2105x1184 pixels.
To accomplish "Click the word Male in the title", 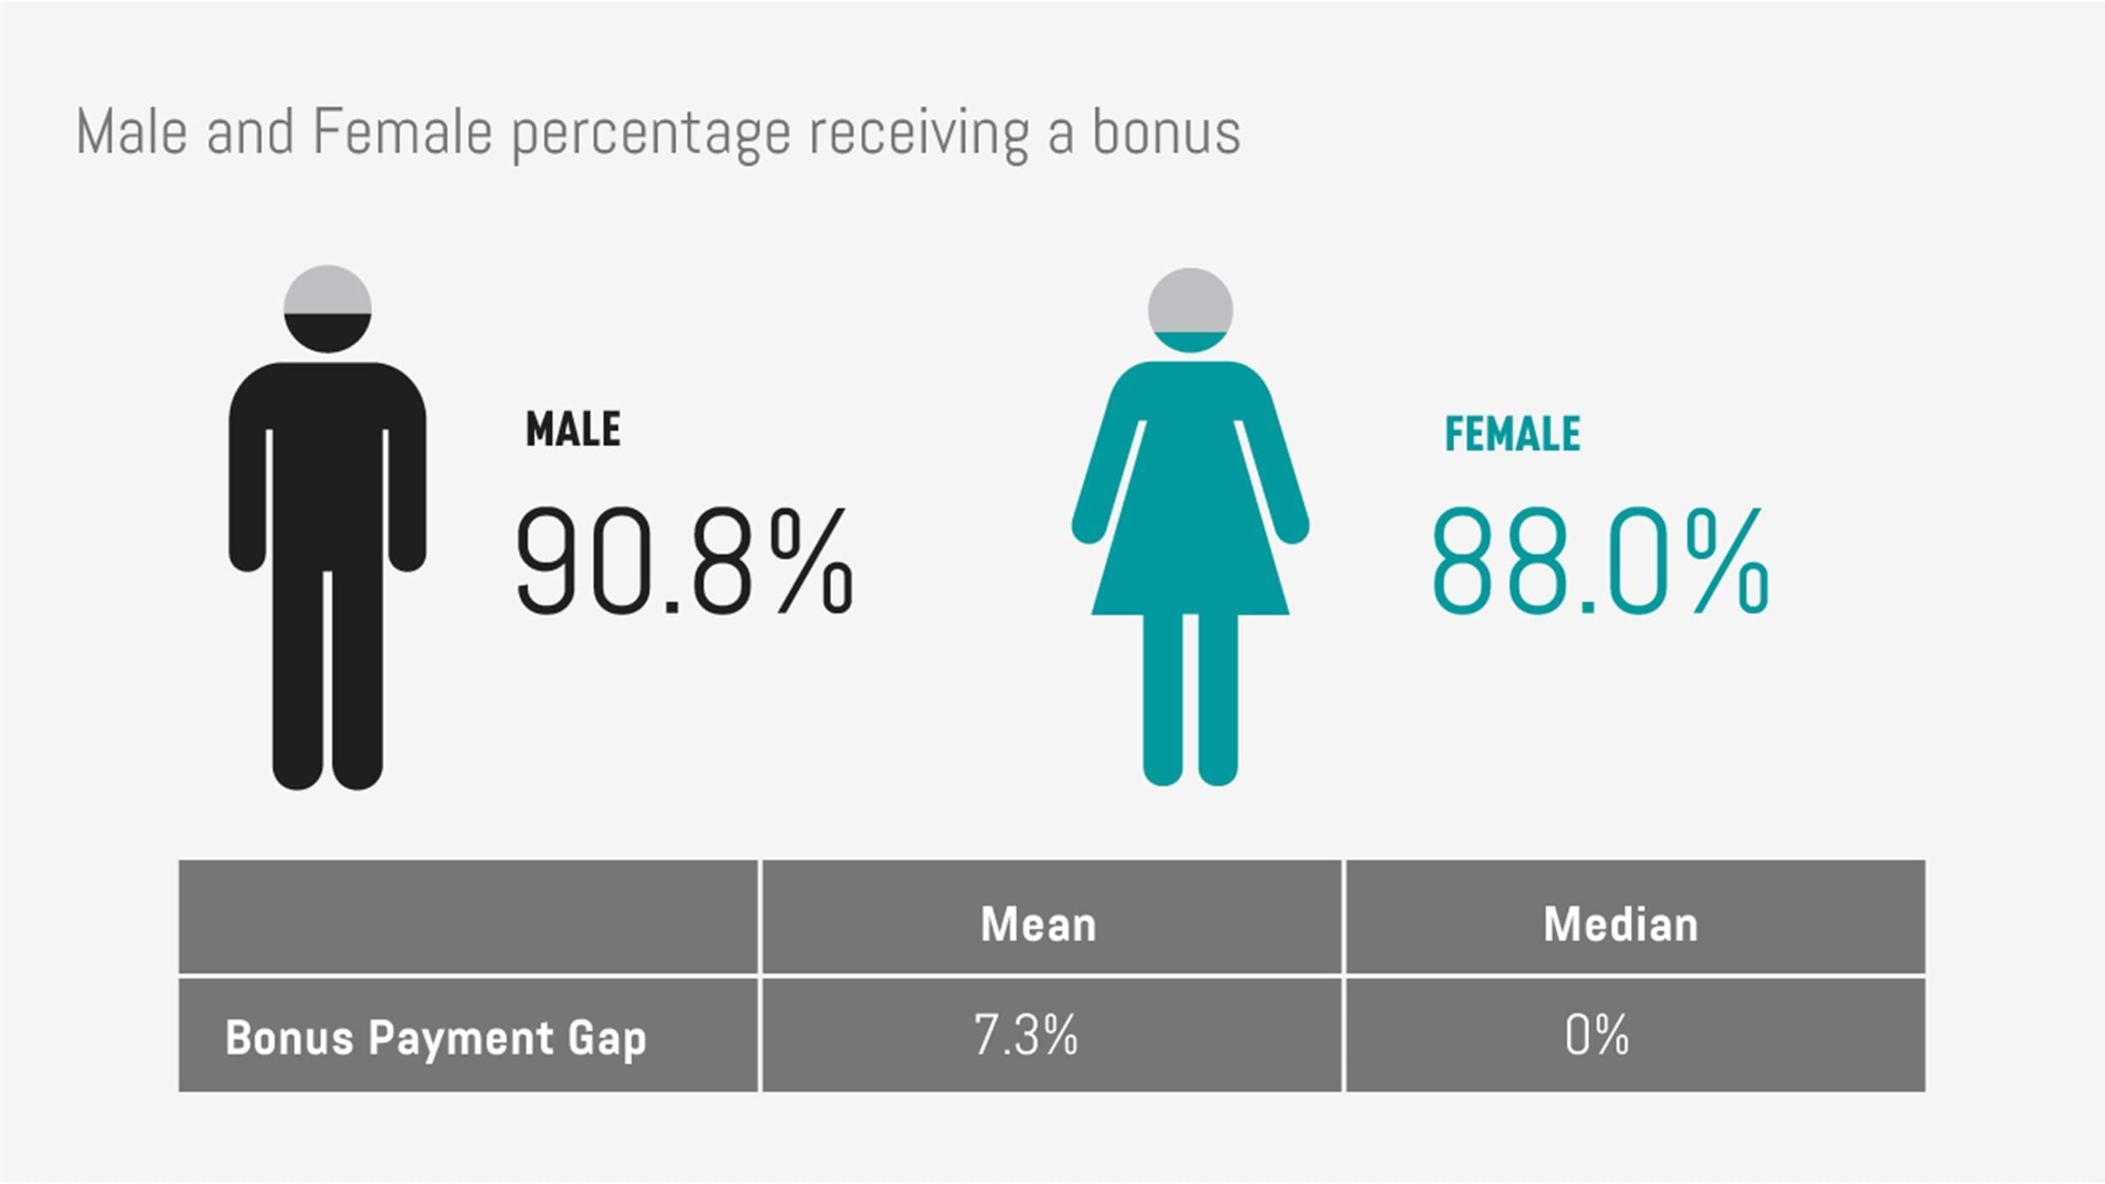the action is [x=131, y=132].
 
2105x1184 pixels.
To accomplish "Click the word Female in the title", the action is [x=402, y=132].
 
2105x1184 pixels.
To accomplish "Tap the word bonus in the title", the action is [x=1166, y=132].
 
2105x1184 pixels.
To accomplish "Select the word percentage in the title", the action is [x=652, y=136].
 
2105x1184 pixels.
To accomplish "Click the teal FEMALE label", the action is [x=1513, y=435].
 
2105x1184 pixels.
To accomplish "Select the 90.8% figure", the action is [x=685, y=561].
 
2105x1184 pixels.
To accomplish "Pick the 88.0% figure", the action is [x=1600, y=561].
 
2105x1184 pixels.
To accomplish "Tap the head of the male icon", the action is [x=328, y=309].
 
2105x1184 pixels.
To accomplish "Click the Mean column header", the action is [x=1039, y=925].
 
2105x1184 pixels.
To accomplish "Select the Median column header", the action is [x=1621, y=925].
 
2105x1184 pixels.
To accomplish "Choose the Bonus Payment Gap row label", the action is [x=435, y=1038].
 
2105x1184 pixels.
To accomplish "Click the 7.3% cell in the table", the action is [x=1026, y=1035].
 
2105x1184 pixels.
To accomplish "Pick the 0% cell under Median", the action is [x=1596, y=1035].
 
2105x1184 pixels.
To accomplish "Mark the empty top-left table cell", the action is [x=468, y=916].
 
